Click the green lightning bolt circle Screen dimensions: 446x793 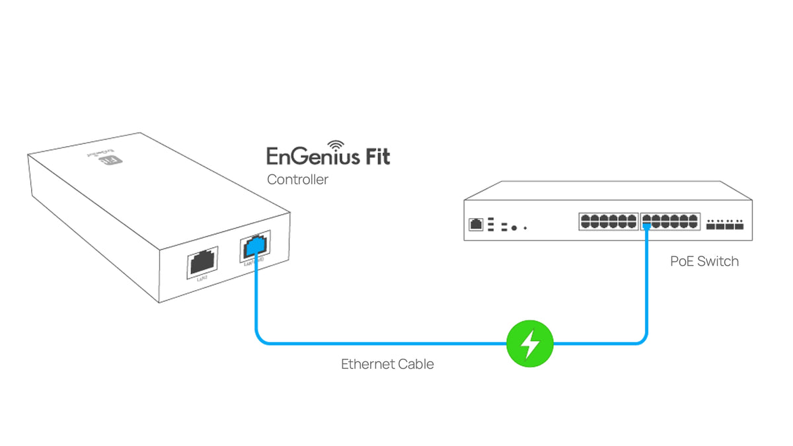[x=529, y=344]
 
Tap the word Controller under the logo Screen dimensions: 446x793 [x=297, y=179]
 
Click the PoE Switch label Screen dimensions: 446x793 [x=704, y=261]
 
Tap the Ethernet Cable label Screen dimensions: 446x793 [x=387, y=363]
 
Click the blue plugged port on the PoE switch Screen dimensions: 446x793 [x=647, y=226]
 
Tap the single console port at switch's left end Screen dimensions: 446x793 [x=475, y=225]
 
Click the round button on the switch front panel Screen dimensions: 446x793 [x=513, y=227]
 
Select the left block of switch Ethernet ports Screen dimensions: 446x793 [x=608, y=221]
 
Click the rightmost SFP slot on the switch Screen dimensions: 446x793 [x=739, y=225]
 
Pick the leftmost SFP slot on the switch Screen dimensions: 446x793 [x=710, y=225]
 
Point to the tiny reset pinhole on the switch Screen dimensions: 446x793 [x=525, y=228]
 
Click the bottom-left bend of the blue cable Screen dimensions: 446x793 [x=260, y=340]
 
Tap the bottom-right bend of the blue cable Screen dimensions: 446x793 [x=643, y=340]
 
